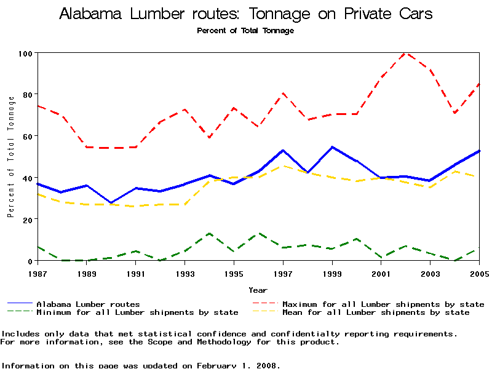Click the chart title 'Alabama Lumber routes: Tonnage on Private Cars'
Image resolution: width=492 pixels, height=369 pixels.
click(x=245, y=14)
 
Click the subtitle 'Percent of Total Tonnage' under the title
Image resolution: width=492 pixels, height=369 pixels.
click(x=245, y=30)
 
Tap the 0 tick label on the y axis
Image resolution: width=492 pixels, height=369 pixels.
click(x=30, y=261)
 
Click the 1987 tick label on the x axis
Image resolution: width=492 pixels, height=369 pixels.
click(x=38, y=273)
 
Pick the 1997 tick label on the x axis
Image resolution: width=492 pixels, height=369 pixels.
click(x=283, y=273)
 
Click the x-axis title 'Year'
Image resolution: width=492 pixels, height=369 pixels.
click(x=258, y=290)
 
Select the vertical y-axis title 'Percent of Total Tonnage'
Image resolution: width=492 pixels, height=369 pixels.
click(x=10, y=157)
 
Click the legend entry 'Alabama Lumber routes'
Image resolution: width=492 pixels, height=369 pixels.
click(x=88, y=304)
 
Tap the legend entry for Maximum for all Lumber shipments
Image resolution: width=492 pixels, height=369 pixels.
click(x=383, y=304)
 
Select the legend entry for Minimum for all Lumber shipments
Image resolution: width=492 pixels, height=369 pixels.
click(x=137, y=312)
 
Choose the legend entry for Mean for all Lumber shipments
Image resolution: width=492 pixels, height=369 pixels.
click(x=376, y=312)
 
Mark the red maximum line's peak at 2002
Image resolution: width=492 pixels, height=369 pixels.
click(x=405, y=53)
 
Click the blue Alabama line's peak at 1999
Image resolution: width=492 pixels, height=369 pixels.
click(x=332, y=147)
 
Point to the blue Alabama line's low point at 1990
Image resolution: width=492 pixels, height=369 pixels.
click(x=111, y=203)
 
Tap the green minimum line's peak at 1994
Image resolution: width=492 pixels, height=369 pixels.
click(x=210, y=234)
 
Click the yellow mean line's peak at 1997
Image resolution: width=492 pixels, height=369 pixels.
click(x=283, y=165)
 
